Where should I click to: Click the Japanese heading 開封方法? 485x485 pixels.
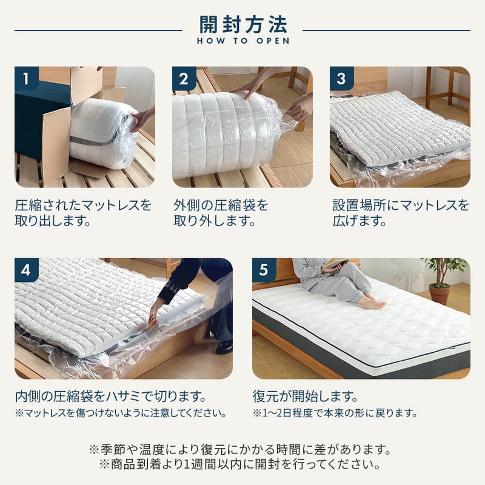click(x=243, y=25)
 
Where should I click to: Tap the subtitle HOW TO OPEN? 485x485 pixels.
click(x=243, y=41)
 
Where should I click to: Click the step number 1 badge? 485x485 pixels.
click(x=26, y=79)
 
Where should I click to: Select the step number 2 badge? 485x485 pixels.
click(x=184, y=79)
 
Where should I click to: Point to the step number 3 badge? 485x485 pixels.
click(x=341, y=79)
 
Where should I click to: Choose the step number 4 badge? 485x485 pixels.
click(x=26, y=270)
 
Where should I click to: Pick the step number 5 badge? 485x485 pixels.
click(x=264, y=270)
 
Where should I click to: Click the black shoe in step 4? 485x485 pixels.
click(x=224, y=347)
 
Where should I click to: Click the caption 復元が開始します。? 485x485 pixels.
click(x=305, y=396)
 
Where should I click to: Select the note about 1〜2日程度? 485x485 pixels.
click(x=335, y=413)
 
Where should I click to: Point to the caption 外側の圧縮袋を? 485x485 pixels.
click(x=221, y=205)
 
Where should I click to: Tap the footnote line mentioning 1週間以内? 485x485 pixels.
click(x=240, y=464)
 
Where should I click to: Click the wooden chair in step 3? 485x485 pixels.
click(x=448, y=90)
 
